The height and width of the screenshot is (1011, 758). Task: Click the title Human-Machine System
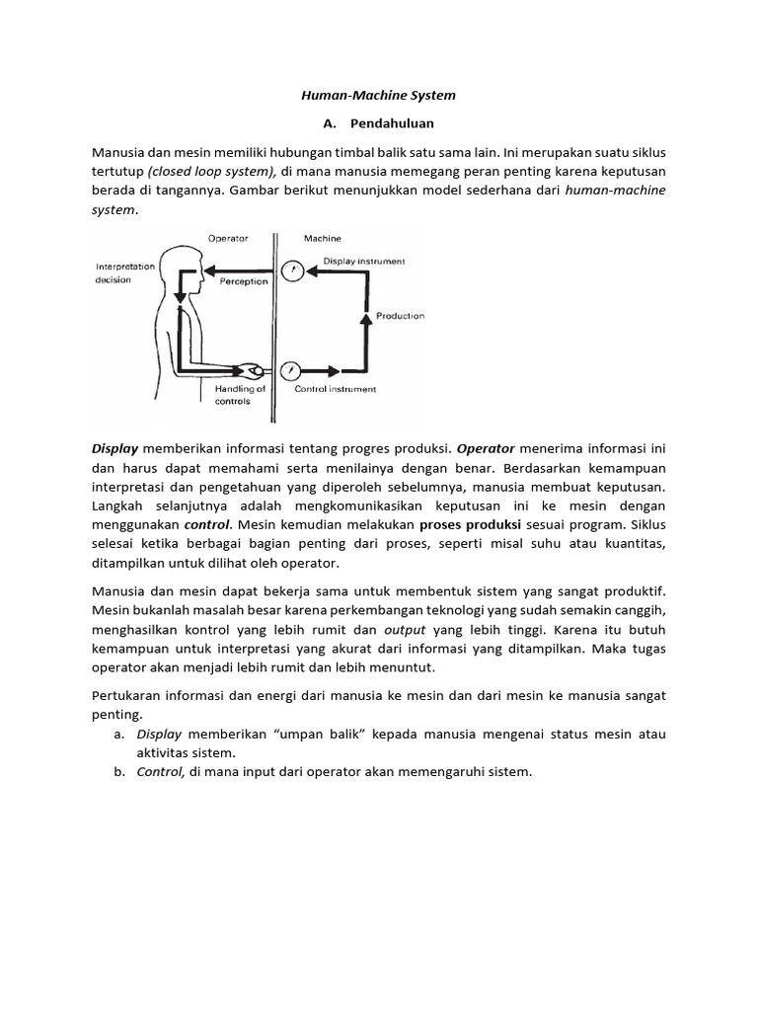(379, 97)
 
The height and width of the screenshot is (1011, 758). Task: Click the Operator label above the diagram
(228, 239)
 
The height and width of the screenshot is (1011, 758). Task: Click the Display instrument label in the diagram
(363, 262)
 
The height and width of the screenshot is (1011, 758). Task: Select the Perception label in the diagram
(244, 281)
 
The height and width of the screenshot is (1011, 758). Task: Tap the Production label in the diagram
(400, 316)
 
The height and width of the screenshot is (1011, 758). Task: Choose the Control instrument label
(336, 389)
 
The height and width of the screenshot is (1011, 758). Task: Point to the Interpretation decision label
(126, 272)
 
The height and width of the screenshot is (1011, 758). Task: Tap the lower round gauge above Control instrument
(291, 371)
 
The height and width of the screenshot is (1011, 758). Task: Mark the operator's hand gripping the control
(250, 371)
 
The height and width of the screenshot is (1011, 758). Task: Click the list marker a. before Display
(118, 735)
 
